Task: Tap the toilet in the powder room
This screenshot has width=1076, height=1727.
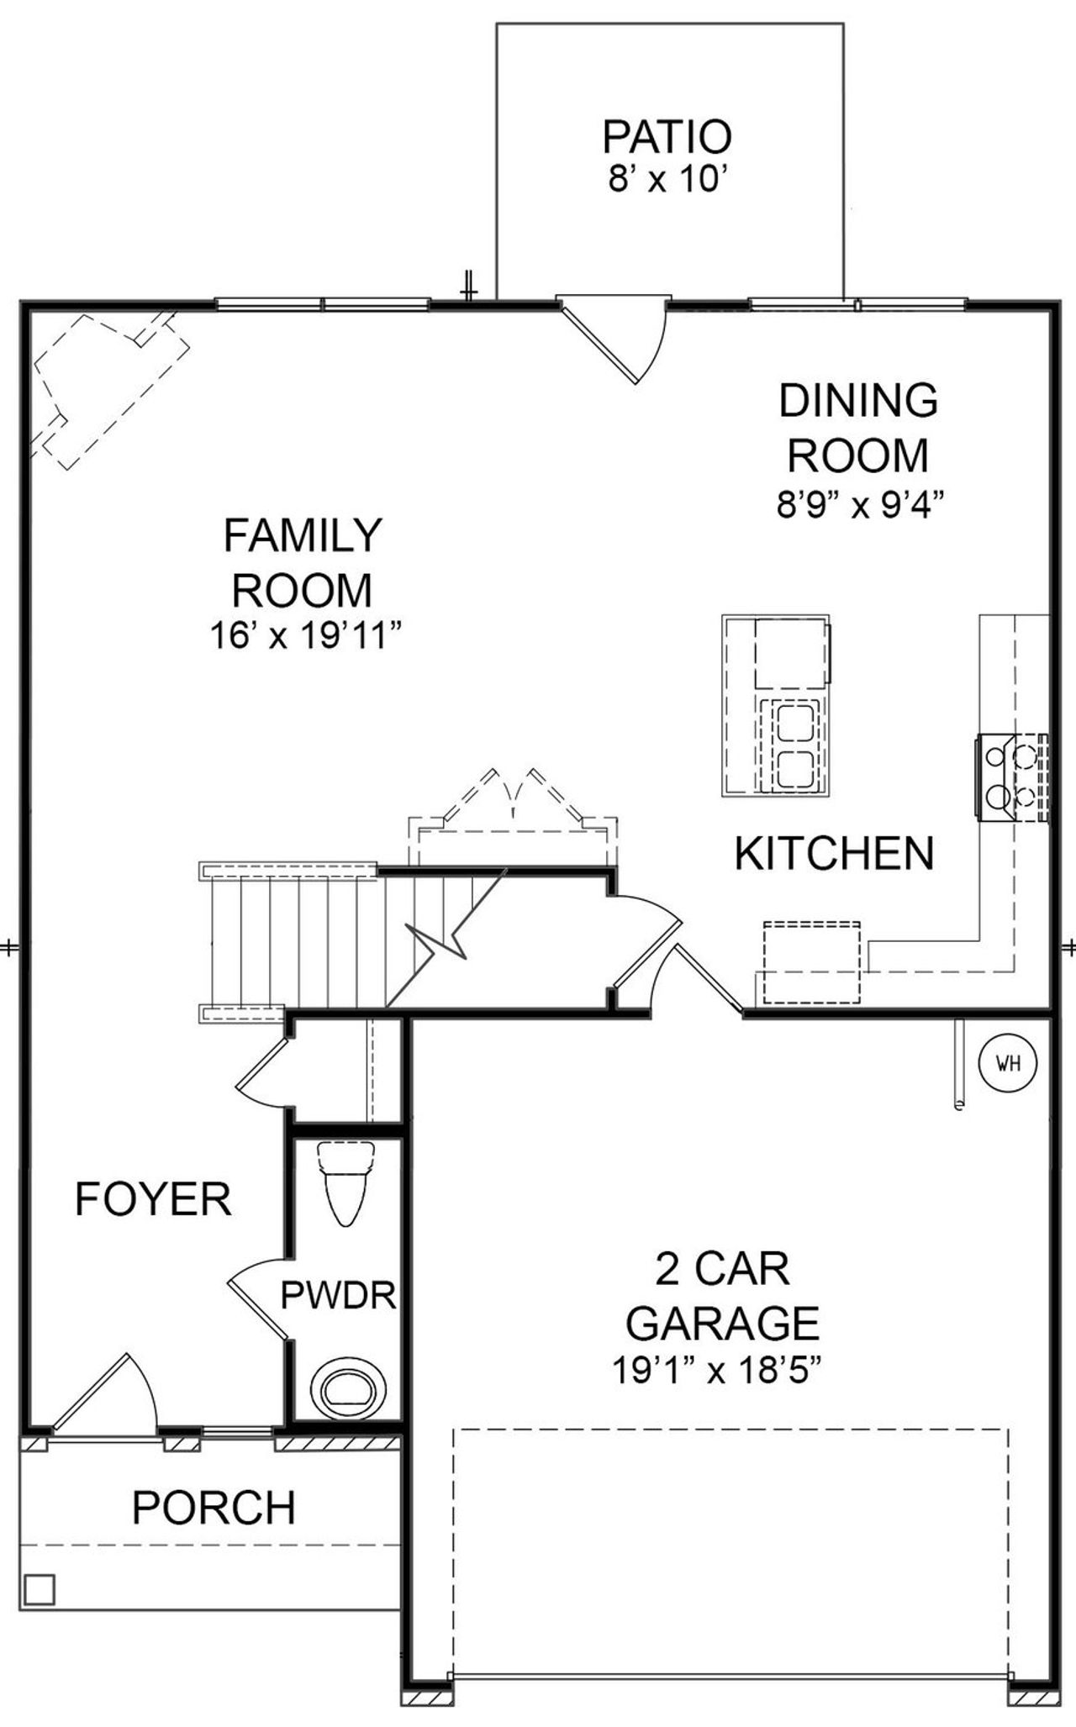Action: coord(346,1183)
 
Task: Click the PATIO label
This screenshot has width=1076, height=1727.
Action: coord(667,137)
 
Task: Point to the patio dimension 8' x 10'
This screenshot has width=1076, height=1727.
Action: coord(667,180)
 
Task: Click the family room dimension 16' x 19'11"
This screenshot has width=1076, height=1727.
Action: coord(303,636)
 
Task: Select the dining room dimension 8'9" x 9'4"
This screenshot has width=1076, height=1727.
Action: coord(859,506)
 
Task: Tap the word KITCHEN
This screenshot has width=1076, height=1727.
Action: coord(834,854)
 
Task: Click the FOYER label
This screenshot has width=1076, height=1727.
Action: coord(153,1199)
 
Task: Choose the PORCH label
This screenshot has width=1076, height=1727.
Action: coord(214,1508)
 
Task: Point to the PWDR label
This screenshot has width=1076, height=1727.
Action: coord(338,1295)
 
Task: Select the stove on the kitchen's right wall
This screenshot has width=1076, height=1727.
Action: coord(1013,776)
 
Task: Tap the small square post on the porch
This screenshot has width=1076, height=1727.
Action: coord(40,1589)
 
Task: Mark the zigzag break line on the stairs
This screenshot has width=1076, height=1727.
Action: coord(437,942)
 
